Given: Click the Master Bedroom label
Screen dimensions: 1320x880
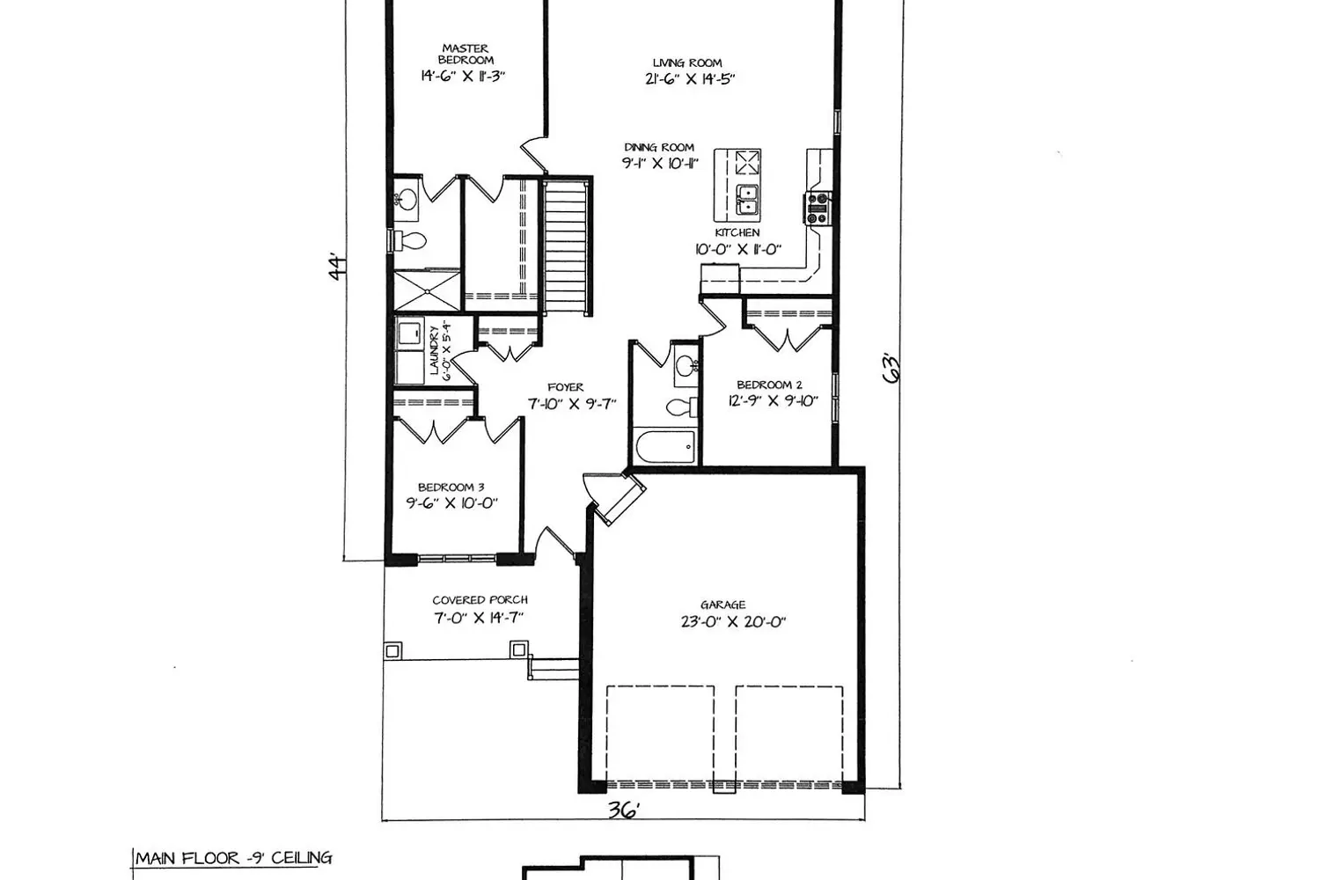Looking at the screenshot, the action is point(466,55).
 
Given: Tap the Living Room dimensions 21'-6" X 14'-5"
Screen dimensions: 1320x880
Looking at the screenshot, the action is point(690,79).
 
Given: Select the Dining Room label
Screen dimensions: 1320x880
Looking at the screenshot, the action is point(659,147).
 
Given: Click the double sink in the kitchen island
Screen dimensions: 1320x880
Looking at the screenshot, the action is point(748,201).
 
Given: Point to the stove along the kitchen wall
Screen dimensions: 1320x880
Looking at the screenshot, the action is point(818,209).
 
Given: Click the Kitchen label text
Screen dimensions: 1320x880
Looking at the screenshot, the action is point(737,233).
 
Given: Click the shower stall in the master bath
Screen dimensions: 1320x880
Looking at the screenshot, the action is point(426,290).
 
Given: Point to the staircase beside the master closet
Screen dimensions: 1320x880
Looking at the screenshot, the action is point(566,246).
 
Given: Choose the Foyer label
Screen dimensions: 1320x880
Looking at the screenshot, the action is point(566,387).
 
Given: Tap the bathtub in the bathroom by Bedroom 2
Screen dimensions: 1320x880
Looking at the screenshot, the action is point(665,446).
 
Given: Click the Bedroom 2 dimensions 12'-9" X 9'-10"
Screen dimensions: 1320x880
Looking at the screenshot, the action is point(774,400).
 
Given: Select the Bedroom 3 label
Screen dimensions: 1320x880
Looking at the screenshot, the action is point(451,488).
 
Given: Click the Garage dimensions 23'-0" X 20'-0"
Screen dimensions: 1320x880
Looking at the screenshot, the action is point(733,622).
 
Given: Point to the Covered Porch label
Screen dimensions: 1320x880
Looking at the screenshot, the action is point(480,600).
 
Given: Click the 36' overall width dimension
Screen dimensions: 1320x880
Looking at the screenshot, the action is point(623,811).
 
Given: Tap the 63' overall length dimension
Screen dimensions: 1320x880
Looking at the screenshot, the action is point(892,369).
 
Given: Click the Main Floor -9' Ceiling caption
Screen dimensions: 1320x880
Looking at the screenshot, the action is point(233,858).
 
